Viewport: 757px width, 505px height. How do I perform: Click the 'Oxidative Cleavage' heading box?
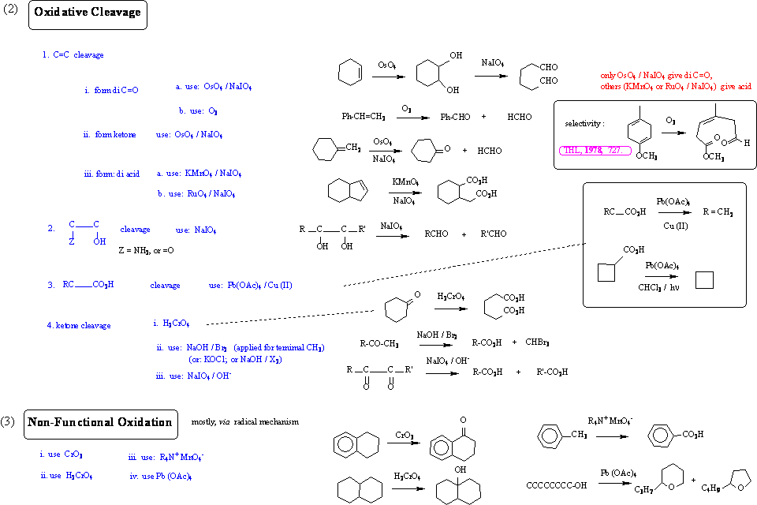(88, 13)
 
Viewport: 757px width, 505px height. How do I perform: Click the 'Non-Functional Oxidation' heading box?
(99, 422)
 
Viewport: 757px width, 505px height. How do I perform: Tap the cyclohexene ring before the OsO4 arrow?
(350, 73)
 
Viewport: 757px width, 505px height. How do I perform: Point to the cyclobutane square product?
(704, 281)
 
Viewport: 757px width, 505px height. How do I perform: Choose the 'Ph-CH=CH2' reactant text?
(364, 117)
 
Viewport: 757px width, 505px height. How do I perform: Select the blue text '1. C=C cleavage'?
(73, 55)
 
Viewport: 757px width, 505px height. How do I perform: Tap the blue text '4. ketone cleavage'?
(79, 325)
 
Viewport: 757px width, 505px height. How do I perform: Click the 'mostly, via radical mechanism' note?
(245, 421)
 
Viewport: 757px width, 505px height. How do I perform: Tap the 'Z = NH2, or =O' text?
(146, 250)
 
